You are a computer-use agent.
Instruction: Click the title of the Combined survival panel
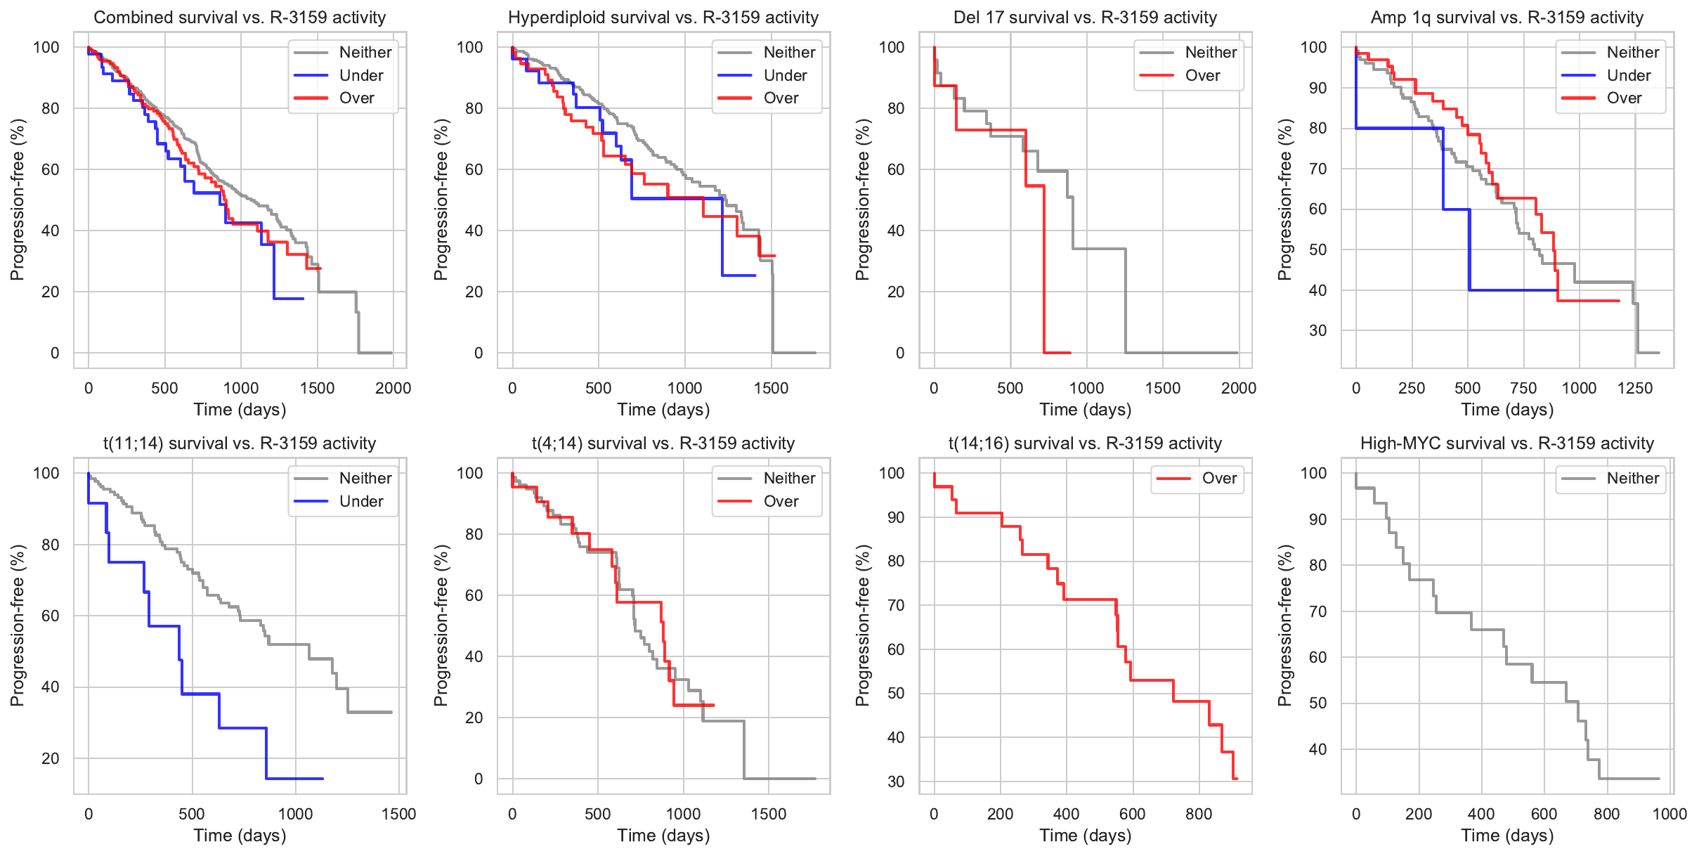tap(240, 18)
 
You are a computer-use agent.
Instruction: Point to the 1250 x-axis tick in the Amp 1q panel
tap(1634, 388)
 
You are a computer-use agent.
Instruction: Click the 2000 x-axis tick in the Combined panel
tap(393, 388)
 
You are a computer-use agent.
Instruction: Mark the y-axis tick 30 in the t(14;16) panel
tap(896, 782)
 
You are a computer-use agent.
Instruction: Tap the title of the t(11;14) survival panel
tap(240, 443)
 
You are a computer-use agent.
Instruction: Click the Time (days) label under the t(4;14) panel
tap(663, 836)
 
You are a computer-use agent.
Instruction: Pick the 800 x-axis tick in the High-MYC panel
tap(1606, 814)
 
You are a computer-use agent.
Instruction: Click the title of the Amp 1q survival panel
tap(1506, 18)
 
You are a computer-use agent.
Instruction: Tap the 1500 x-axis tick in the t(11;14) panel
tap(398, 814)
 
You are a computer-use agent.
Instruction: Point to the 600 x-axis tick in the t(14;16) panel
tap(1132, 814)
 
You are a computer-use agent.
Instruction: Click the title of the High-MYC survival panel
tap(1506, 443)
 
